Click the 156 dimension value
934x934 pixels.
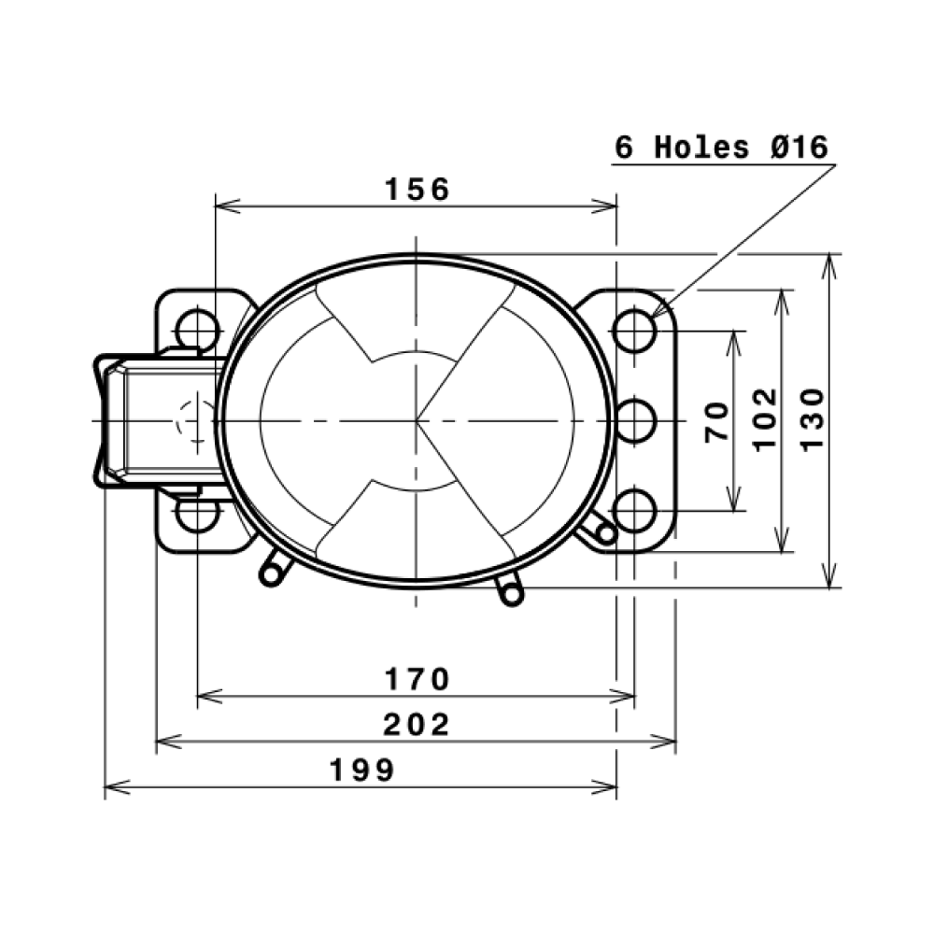point(417,190)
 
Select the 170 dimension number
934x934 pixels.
point(417,679)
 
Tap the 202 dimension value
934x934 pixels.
point(417,724)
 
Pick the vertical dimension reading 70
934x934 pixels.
point(716,421)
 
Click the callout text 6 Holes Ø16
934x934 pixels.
point(721,148)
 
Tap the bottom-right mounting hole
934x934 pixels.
point(635,511)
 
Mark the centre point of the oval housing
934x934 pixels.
point(417,421)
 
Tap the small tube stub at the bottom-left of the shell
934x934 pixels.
point(272,570)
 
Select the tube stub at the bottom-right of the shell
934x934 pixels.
point(509,590)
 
